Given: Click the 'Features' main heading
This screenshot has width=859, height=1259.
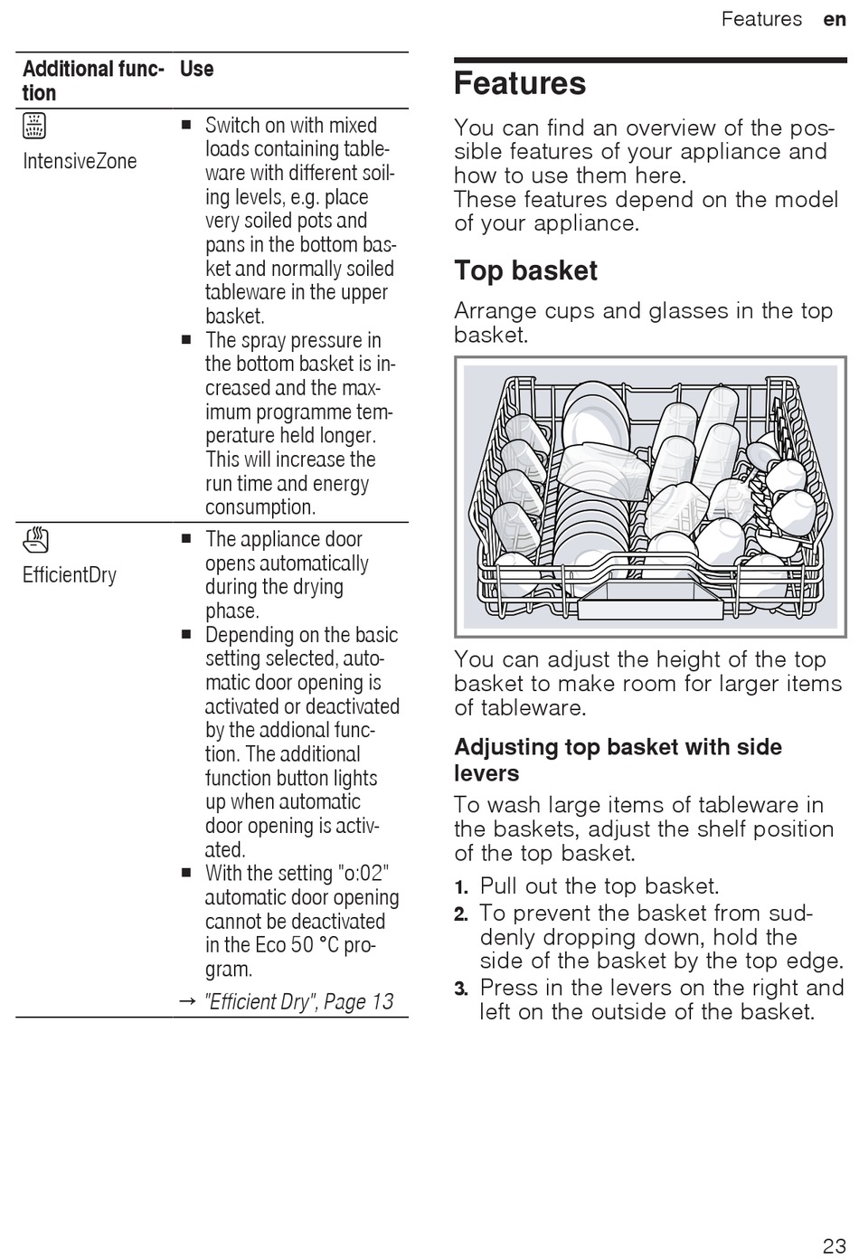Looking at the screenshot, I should point(520,84).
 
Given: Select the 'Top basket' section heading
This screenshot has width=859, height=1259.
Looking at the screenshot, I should point(525,270).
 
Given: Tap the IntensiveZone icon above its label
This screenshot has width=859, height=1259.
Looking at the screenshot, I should point(34,126).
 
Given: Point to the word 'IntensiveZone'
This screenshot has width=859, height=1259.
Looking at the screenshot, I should point(80,162).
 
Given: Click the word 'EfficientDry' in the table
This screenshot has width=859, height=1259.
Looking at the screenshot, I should point(70,575).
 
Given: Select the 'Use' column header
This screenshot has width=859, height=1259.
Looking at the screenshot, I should point(196,70).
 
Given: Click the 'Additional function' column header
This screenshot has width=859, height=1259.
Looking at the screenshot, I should point(92,81).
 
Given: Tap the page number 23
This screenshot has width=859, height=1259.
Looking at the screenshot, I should point(834,1245).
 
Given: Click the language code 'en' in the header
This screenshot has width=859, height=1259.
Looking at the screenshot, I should point(834,19).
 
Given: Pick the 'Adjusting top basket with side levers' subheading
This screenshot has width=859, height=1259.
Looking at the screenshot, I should point(618,760).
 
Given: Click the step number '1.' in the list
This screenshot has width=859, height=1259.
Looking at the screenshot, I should point(461,887).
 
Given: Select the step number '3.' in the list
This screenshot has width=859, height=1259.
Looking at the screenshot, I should point(461,989).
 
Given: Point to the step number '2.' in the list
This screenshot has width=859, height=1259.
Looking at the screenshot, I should point(461,914).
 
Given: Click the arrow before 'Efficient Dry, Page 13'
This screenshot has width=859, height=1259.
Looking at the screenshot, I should point(187,1002).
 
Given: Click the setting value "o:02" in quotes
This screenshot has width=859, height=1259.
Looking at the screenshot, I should point(363,874).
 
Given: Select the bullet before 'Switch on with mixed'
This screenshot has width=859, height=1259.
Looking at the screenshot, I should point(186,126).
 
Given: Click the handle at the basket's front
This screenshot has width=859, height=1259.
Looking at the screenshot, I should point(650,598).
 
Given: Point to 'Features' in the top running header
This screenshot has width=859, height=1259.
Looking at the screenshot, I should point(761,19).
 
